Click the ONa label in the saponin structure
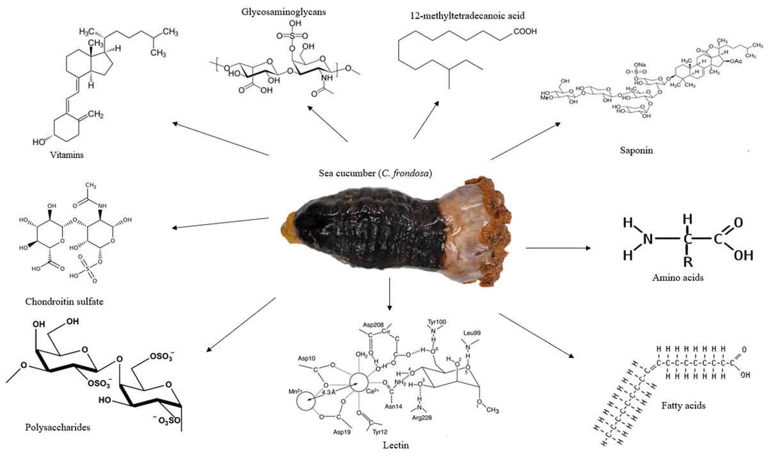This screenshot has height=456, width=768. click(x=641, y=65)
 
